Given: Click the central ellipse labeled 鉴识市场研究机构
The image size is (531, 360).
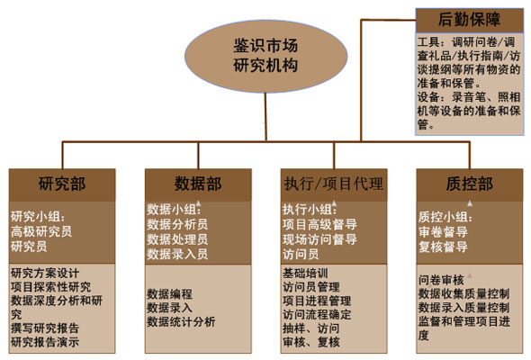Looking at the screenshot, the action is click(x=265, y=56).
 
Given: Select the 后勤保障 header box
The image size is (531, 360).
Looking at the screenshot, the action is click(x=470, y=21).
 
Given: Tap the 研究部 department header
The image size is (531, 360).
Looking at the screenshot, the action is click(x=62, y=184).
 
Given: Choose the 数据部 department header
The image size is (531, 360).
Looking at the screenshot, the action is click(x=198, y=184).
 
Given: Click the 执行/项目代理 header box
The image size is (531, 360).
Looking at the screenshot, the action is click(x=334, y=184).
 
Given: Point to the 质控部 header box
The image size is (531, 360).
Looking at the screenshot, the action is click(x=470, y=184).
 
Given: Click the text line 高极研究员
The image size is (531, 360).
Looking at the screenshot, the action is click(x=41, y=231).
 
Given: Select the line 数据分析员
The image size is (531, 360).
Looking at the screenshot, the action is click(x=177, y=224).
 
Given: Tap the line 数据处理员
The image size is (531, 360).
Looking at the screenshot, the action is click(x=177, y=239).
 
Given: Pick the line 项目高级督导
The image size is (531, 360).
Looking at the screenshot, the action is click(x=319, y=224).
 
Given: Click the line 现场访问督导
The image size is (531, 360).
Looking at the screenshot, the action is click(x=319, y=239).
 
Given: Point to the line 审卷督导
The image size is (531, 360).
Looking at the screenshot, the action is click(x=443, y=232).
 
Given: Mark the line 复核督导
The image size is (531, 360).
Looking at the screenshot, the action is click(x=443, y=247).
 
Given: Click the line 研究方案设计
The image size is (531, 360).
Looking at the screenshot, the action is click(x=45, y=273).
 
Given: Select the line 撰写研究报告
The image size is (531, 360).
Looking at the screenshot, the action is click(x=45, y=328).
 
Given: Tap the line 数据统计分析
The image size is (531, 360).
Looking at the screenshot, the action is click(x=181, y=321).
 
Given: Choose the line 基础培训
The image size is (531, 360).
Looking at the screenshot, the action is click(x=305, y=273).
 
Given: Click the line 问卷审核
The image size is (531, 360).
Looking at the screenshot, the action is click(x=441, y=280).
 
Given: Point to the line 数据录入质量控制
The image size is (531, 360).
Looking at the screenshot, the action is click(x=463, y=308).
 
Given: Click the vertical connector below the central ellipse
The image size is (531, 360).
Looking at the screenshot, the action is click(x=265, y=117).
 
